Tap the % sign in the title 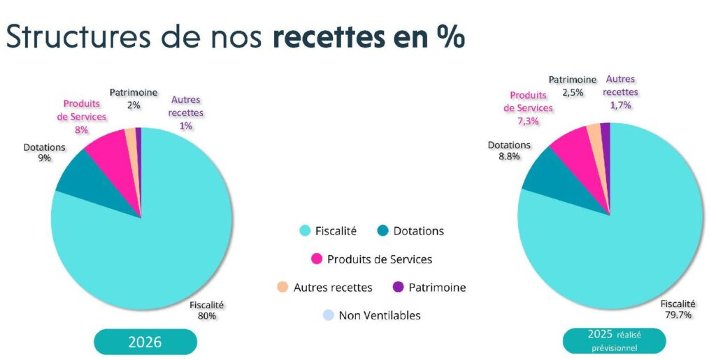tap(448, 37)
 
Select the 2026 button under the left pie tap(145, 342)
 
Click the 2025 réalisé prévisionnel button tap(614, 340)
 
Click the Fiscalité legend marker tap(305, 231)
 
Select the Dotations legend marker tap(382, 231)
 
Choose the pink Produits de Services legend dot tap(317, 259)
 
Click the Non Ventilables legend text tap(380, 315)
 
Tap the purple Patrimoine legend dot tap(399, 287)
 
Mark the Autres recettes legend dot tap(282, 287)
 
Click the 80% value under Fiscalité tap(207, 316)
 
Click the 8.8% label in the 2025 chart tap(509, 157)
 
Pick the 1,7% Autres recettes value tap(621, 105)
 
